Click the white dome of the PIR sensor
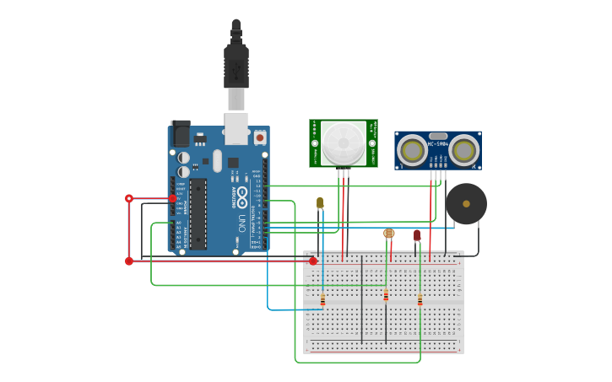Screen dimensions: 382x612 [344, 143]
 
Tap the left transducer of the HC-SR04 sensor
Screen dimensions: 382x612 [413, 151]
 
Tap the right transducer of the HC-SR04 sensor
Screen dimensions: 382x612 [463, 151]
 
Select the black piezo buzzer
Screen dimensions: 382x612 [466, 204]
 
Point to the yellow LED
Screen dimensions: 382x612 [320, 202]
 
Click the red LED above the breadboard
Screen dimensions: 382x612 [417, 235]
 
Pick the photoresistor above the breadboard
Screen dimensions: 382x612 [388, 234]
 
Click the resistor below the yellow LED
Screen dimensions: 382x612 [322, 299]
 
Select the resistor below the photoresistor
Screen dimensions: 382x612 [386, 295]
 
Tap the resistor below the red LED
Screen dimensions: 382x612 [420, 299]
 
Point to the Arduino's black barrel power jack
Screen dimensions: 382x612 [181, 134]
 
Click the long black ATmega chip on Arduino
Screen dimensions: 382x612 [198, 213]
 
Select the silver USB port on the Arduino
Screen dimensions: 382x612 [236, 127]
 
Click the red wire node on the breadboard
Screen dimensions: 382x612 [313, 261]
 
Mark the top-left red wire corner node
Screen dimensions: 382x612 [129, 198]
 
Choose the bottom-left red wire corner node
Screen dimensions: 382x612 [129, 261]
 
